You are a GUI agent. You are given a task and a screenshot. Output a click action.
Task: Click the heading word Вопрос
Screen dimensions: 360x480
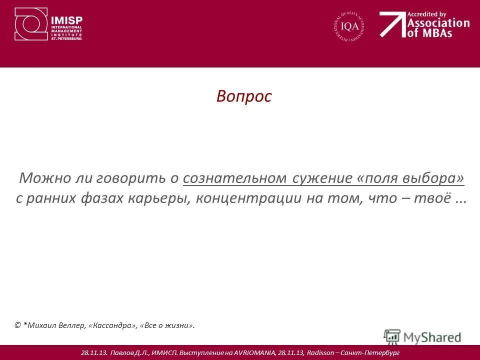[x=244, y=96]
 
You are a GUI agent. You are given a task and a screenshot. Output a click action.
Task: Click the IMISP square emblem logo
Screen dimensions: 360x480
[x=31, y=24]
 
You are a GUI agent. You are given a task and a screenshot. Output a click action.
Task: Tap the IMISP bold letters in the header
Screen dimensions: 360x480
[x=67, y=20]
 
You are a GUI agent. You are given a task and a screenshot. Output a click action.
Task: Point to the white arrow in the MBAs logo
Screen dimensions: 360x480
[x=392, y=24]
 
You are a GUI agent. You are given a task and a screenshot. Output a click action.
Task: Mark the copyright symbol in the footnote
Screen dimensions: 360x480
[x=18, y=325]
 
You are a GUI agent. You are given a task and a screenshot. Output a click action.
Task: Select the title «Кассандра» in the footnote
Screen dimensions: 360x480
[x=112, y=325]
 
